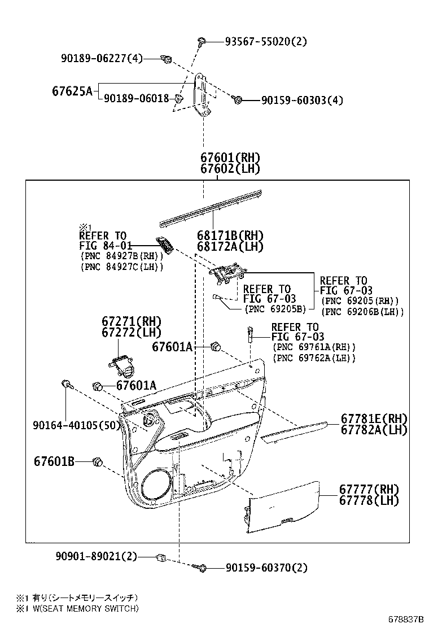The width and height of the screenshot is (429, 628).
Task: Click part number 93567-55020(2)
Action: [266, 41]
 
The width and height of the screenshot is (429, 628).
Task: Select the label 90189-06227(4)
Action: [102, 58]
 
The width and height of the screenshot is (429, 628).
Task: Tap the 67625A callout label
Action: [72, 91]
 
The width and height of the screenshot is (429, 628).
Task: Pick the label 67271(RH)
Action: [132, 321]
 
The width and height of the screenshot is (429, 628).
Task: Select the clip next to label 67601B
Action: [97, 463]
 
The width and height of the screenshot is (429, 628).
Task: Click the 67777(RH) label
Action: [369, 489]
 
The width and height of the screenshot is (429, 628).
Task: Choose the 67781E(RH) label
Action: [373, 419]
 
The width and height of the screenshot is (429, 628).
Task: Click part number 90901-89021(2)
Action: [96, 556]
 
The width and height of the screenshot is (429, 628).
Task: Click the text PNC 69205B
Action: [274, 309]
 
